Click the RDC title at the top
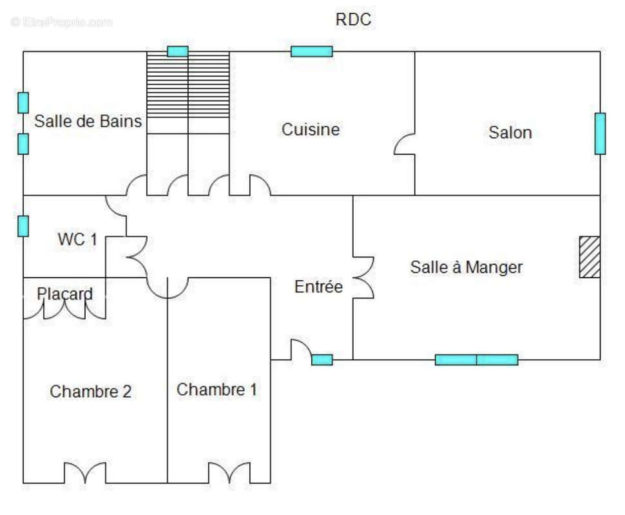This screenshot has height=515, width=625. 353,20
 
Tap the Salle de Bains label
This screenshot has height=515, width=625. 88,121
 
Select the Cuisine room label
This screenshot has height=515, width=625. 311,129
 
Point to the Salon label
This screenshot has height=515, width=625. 510,133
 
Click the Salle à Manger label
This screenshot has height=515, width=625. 466,267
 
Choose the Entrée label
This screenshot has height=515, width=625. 318,287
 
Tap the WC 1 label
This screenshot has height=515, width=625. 77,239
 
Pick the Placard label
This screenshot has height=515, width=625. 64,294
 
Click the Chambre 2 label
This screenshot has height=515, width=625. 91,391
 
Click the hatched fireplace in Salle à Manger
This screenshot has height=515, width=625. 589,257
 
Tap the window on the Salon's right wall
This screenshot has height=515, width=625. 600,133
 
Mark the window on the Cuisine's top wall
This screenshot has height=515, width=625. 311,51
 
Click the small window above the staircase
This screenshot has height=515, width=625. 177,51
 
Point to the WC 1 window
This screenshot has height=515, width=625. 23,226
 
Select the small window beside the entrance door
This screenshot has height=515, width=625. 322,360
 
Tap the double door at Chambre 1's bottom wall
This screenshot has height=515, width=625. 229,473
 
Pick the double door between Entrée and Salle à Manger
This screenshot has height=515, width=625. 363,277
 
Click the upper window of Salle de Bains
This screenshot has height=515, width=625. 23,102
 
